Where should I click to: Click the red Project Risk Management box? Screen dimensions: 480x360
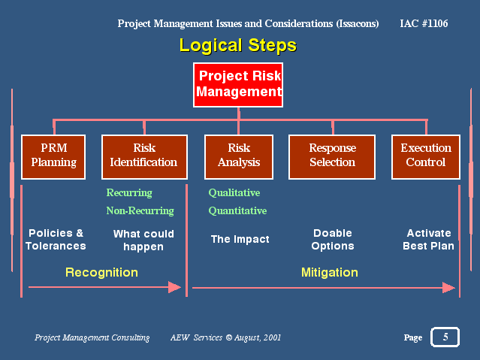tap(238, 85)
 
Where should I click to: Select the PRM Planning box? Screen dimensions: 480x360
tap(53, 157)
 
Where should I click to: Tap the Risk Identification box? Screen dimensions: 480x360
tap(144, 157)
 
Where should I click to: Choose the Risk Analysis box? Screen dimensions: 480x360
tap(239, 157)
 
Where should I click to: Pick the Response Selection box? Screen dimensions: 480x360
tap(332, 157)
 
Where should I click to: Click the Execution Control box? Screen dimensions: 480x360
tap(426, 157)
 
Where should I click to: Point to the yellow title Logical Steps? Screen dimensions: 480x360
tap(238, 45)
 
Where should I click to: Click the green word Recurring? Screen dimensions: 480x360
tap(129, 193)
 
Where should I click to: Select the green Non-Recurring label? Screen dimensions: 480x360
tap(140, 210)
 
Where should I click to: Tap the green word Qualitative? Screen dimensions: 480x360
tap(234, 192)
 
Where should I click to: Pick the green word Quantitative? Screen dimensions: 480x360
tap(237, 210)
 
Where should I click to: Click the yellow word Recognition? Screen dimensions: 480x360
tap(101, 273)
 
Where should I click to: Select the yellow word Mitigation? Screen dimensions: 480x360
tap(330, 272)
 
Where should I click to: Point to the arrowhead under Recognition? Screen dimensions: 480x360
tap(175, 287)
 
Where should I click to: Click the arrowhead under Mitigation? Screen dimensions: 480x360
tap(448, 288)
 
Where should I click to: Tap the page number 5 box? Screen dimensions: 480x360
tap(445, 337)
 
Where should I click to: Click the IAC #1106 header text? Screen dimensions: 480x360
tap(424, 23)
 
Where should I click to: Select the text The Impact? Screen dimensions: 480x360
tap(240, 239)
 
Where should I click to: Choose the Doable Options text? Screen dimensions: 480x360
tap(333, 240)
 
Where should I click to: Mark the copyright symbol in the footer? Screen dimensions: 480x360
tap(229, 337)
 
